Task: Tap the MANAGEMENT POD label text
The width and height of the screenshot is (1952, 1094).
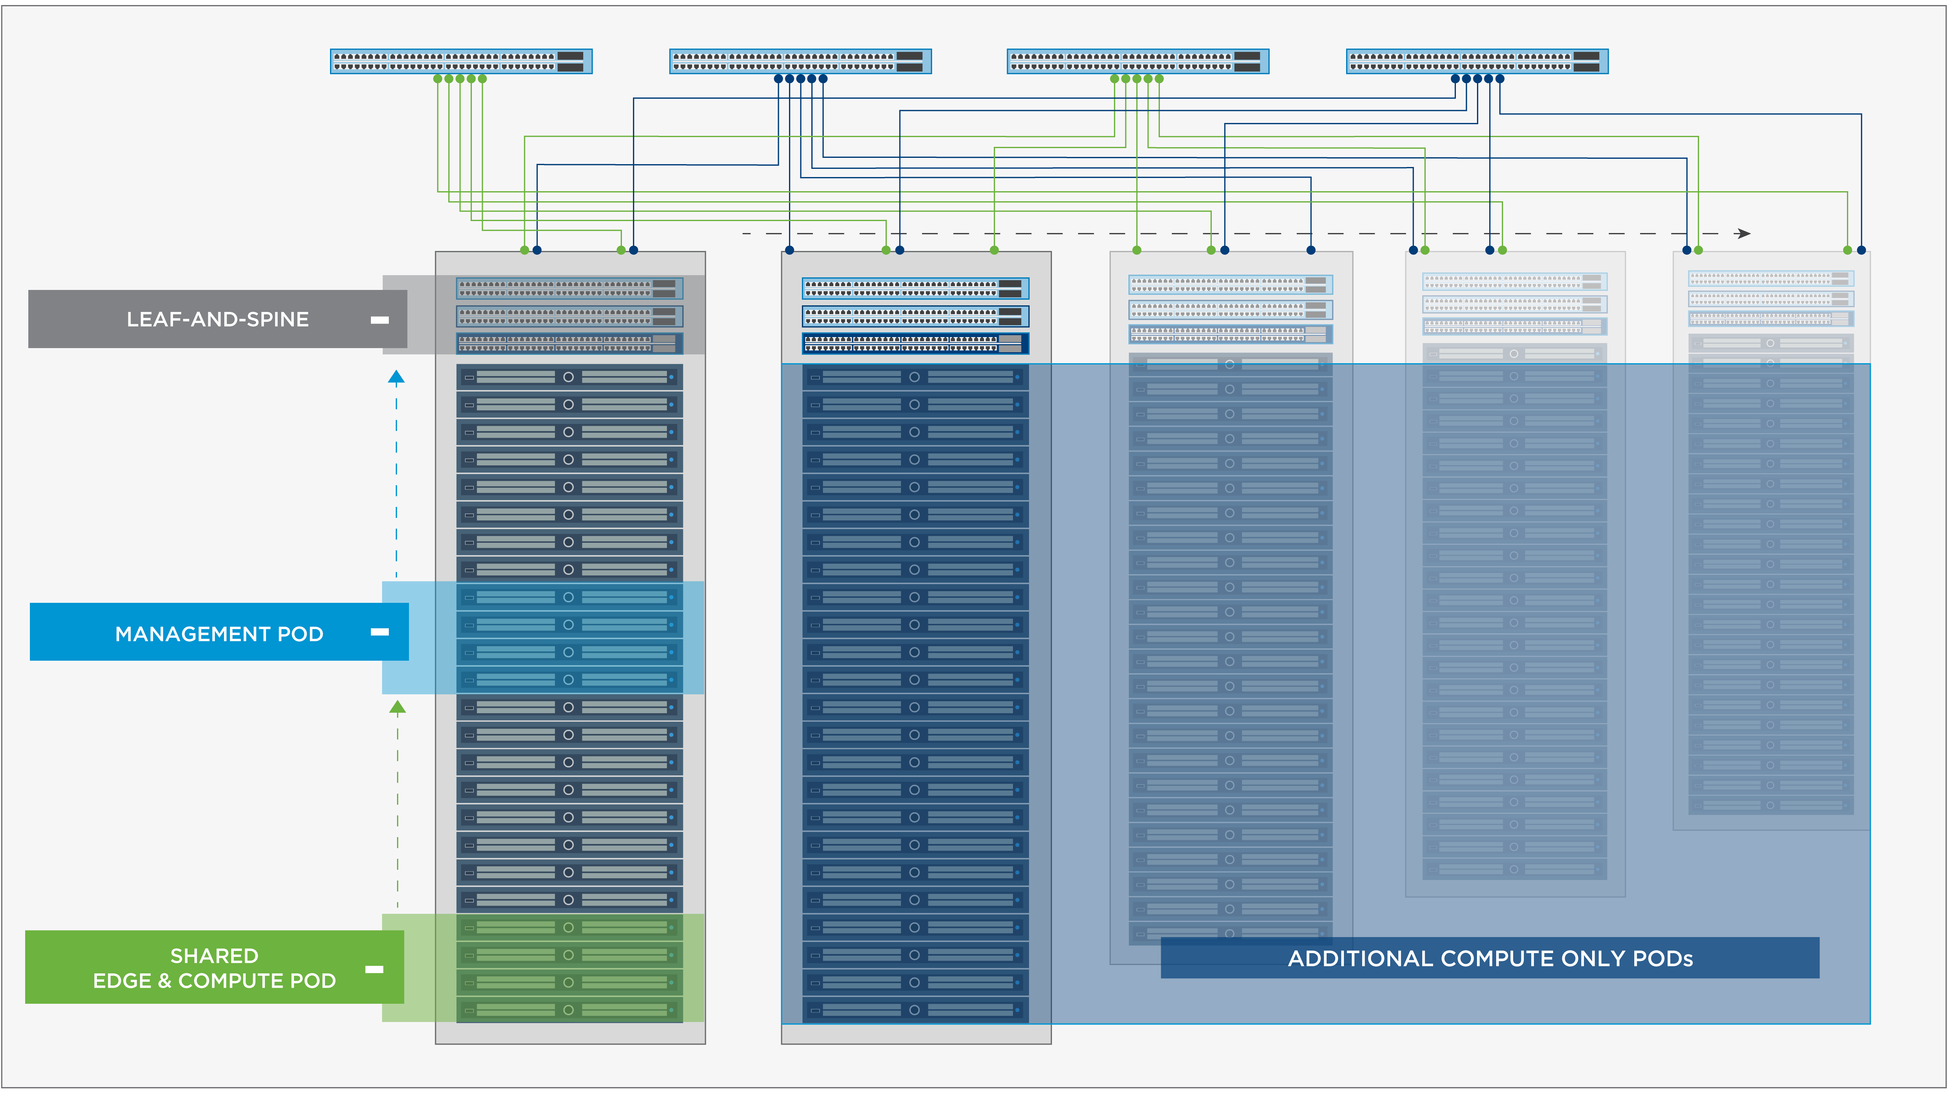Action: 219,633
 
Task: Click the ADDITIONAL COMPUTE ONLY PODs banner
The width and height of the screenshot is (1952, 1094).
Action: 1490,958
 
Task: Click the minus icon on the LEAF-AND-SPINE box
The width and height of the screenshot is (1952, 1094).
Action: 380,320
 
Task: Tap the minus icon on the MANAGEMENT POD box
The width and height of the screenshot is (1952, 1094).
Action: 380,632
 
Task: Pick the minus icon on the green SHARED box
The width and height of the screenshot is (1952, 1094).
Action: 374,969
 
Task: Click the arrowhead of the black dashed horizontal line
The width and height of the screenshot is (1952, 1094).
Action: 1743,233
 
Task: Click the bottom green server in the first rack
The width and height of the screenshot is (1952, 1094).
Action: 569,1010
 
